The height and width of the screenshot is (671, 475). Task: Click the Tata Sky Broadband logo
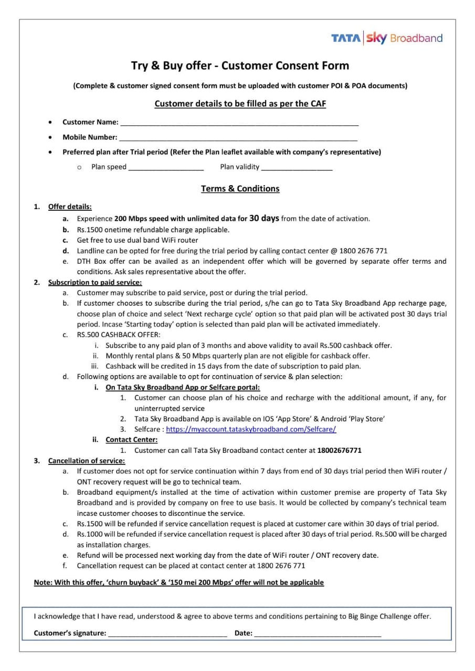click(386, 38)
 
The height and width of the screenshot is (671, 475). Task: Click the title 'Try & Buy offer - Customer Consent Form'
click(240, 66)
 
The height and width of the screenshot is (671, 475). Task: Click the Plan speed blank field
click(166, 168)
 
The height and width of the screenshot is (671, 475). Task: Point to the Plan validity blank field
click(297, 168)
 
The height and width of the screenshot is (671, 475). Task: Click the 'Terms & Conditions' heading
click(240, 189)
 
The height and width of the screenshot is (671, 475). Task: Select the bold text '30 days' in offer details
click(264, 218)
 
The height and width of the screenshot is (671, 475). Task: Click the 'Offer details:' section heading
click(70, 207)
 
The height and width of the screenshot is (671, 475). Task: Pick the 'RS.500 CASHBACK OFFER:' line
click(119, 335)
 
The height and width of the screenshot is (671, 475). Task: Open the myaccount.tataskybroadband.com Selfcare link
click(251, 429)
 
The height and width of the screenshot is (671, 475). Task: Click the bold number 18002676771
click(340, 450)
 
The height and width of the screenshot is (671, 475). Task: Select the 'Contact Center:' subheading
click(131, 440)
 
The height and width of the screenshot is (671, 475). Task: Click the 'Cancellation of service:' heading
click(87, 461)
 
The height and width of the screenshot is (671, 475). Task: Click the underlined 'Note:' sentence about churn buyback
click(178, 582)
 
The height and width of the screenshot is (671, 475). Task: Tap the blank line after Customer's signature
click(167, 634)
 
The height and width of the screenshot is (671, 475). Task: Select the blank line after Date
click(318, 634)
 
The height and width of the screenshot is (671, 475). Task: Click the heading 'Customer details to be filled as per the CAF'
click(240, 104)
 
